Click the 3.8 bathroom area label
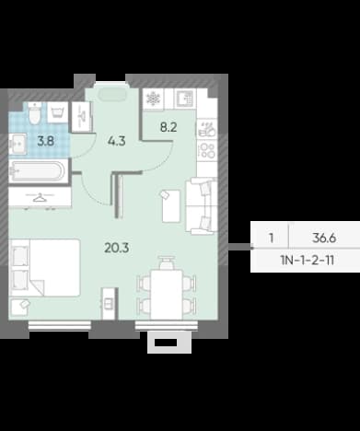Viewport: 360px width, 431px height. pyautogui.click(x=45, y=141)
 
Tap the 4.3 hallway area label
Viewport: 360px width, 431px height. pyautogui.click(x=117, y=141)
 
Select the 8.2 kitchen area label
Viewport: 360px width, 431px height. pyautogui.click(x=168, y=127)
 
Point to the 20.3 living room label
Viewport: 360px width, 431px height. pyautogui.click(x=117, y=248)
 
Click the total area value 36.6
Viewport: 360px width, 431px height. pyautogui.click(x=324, y=238)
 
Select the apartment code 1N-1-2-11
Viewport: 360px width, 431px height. pyautogui.click(x=308, y=261)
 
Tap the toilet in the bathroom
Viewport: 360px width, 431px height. pyautogui.click(x=34, y=113)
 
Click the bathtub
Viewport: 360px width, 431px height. pyautogui.click(x=38, y=171)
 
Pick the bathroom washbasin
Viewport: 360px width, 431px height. pyautogui.click(x=17, y=144)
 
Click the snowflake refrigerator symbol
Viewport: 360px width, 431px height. pyautogui.click(x=153, y=99)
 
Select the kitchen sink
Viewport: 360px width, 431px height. pyautogui.click(x=185, y=99)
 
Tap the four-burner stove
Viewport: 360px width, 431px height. pyautogui.click(x=207, y=150)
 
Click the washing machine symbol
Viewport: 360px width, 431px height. pyautogui.click(x=58, y=112)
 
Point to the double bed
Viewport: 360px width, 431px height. pyautogui.click(x=45, y=268)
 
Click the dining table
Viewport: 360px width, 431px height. pyautogui.click(x=167, y=295)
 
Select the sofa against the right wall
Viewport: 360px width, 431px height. pyautogui.click(x=202, y=206)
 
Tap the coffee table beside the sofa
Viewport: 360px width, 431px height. pyautogui.click(x=170, y=205)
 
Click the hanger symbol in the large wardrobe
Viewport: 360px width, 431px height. pyautogui.click(x=40, y=198)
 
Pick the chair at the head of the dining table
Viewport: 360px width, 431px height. pyautogui.click(x=167, y=263)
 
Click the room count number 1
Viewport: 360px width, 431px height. pyautogui.click(x=271, y=238)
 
